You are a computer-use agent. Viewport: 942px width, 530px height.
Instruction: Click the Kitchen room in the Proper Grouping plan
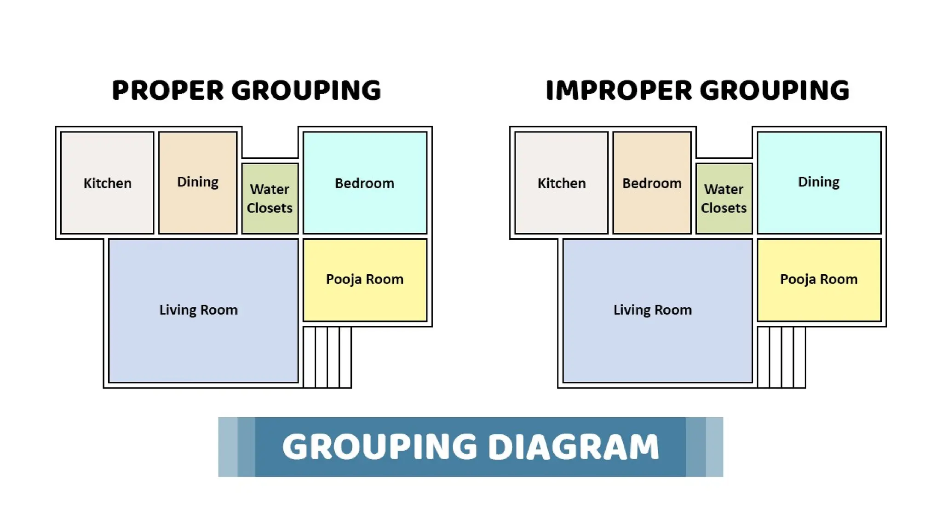point(107,183)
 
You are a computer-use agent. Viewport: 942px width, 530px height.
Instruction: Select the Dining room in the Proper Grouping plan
point(198,183)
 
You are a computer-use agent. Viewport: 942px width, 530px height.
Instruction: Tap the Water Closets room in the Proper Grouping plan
point(270,198)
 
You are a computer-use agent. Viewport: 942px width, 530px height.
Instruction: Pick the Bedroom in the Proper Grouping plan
point(365,183)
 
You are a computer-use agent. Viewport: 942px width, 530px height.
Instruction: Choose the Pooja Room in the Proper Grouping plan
point(365,279)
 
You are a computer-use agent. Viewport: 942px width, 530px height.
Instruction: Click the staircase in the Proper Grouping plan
point(327,357)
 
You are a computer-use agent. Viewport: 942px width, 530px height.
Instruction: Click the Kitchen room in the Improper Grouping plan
point(561,183)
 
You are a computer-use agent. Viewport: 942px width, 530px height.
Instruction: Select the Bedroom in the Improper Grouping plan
point(652,183)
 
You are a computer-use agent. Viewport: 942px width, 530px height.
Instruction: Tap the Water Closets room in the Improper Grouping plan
point(724,198)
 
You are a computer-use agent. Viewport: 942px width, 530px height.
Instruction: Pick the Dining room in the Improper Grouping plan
point(819,183)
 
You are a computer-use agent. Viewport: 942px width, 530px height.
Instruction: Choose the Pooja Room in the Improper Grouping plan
point(819,279)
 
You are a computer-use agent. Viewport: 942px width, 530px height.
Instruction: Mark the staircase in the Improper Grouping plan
point(781,357)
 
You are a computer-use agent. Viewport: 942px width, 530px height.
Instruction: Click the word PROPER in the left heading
point(168,90)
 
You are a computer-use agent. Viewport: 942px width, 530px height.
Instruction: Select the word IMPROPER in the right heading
point(619,90)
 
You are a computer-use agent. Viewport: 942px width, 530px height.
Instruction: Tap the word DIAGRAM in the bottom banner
point(573,447)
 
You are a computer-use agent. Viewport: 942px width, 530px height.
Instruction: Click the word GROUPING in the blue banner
point(380,447)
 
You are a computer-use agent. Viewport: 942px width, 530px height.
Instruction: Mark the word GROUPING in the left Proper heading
point(306,90)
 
